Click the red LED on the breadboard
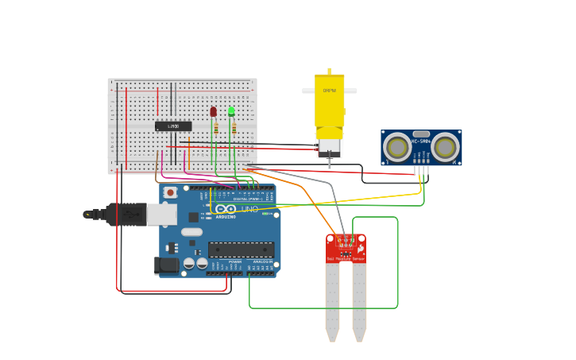click(x=213, y=111)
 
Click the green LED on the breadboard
click(x=231, y=111)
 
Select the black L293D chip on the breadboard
click(x=173, y=126)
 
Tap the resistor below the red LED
click(x=215, y=128)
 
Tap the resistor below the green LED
click(x=234, y=128)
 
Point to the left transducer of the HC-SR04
click(x=397, y=147)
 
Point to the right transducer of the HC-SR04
click(x=445, y=147)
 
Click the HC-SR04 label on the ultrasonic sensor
click(x=421, y=141)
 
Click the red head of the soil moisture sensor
click(x=346, y=248)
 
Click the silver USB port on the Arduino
click(x=161, y=215)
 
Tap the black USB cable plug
click(x=119, y=214)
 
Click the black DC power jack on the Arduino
click(x=166, y=265)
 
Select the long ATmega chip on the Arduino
click(x=241, y=250)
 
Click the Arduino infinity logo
click(x=226, y=209)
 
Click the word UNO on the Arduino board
click(x=249, y=209)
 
